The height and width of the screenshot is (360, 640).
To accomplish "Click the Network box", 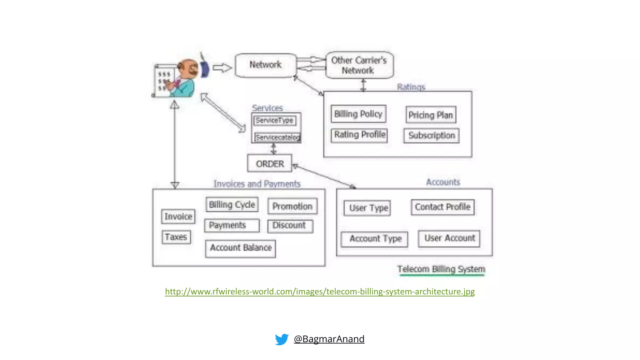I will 266,65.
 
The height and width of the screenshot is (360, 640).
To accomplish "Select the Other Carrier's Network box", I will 359,65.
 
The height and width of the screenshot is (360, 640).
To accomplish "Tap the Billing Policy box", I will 358,114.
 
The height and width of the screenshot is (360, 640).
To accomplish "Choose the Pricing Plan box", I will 431,115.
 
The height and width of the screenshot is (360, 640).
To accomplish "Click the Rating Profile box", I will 359,135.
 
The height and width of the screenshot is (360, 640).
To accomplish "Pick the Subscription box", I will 432,135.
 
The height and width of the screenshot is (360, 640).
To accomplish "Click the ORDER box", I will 270,163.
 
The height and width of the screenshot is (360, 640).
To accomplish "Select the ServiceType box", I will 275,120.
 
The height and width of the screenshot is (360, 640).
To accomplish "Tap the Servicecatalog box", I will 277,137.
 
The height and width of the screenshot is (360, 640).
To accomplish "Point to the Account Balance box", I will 241,248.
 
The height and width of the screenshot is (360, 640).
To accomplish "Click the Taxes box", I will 176,237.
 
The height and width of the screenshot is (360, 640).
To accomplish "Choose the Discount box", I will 290,226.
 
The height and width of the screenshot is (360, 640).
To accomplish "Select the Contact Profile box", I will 442,207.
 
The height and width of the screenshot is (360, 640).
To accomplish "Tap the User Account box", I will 449,238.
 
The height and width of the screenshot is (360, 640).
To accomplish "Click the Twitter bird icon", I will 282,339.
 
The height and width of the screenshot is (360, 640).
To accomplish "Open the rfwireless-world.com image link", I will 320,292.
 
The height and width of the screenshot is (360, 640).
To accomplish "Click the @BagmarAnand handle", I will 329,339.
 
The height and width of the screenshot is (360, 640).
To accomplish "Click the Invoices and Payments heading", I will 257,184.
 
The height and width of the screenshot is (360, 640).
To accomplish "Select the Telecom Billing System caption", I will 441,269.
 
